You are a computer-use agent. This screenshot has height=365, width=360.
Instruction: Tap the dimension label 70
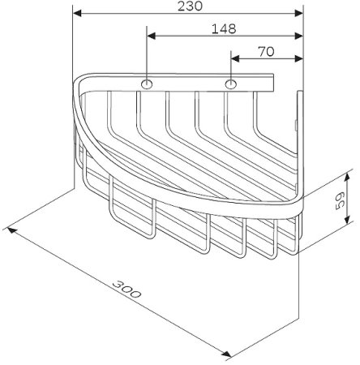pos(265,50)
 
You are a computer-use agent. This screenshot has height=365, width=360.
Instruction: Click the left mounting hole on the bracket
pos(147,84)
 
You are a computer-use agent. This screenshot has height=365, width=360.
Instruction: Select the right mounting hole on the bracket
pos(232,84)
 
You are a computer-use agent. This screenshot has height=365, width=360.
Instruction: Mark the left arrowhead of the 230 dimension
pos(78,14)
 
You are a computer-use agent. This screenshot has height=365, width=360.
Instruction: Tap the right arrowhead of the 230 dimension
pos(298,14)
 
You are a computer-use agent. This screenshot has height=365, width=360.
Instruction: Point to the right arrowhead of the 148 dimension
pos(298,36)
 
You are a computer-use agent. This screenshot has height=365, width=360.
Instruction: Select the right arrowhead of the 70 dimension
pos(298,58)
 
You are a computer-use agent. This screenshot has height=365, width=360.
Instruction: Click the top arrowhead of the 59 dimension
pos(350,175)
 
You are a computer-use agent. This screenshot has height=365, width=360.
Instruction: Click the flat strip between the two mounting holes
pos(189,84)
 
